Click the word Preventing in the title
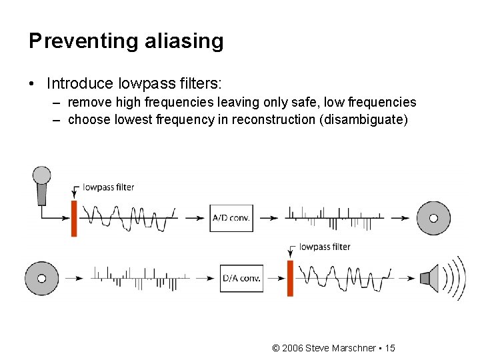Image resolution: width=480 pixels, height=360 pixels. coord(82,41)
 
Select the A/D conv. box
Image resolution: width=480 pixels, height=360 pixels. coord(231,217)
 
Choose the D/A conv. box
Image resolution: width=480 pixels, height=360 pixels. coord(241,278)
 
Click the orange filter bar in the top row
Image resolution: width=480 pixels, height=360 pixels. coord(74,217)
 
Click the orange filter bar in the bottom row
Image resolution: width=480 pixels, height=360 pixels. coord(290,278)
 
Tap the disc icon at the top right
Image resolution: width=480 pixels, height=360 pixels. coord(433,218)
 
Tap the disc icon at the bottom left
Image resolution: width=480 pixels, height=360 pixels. coord(41,278)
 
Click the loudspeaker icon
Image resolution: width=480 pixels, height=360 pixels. coord(430,278)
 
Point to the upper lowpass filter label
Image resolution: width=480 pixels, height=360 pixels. coord(109,187)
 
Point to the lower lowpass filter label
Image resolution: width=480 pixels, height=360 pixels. coord(325,247)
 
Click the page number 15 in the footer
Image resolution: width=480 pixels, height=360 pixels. coord(390,348)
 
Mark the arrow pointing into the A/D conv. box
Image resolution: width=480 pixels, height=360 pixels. coord(196,217)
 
